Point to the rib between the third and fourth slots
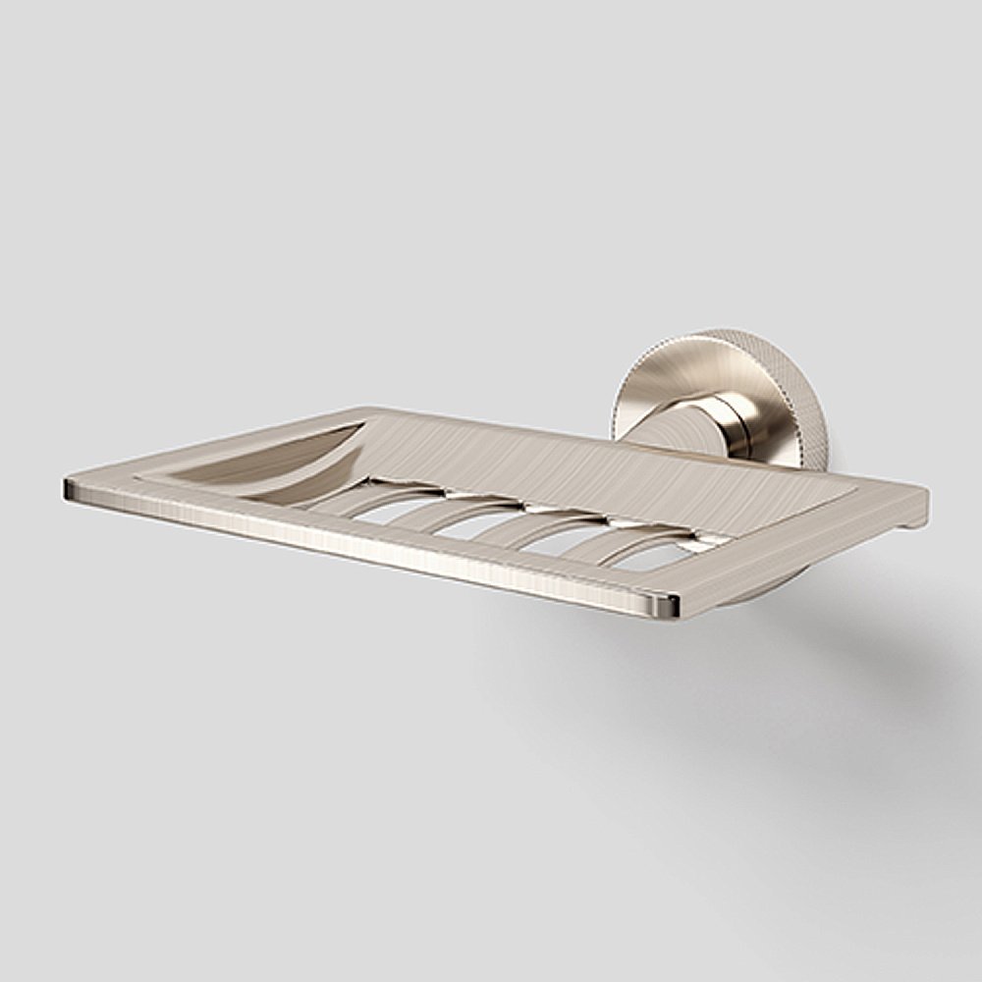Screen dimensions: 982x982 click(599, 540)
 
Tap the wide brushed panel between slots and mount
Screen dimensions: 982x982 click(589, 462)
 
